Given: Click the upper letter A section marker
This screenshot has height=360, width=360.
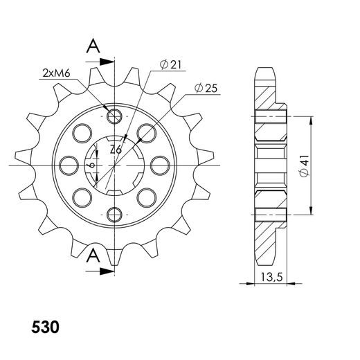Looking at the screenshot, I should point(91,46).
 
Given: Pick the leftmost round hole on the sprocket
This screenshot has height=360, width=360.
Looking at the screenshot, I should point(69,165).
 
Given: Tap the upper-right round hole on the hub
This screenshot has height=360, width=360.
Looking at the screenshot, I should point(146,132).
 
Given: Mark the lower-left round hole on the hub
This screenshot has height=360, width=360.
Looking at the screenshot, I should point(82,197).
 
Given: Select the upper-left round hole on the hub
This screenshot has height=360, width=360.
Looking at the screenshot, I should point(82,132).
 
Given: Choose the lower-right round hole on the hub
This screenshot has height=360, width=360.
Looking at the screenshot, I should point(146,197).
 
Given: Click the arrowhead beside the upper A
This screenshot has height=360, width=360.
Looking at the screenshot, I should point(107,62).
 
